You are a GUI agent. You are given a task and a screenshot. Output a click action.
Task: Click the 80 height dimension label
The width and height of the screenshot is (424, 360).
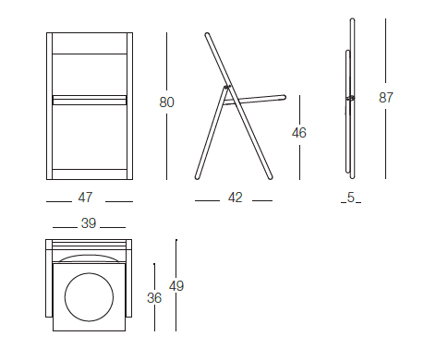tap(166, 102)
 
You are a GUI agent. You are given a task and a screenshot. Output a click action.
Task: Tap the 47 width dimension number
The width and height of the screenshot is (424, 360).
tap(85, 198)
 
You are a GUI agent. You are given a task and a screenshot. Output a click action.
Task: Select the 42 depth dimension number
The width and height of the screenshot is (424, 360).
tap(236, 198)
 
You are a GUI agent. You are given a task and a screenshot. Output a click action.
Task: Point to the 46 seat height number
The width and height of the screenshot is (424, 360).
tap(299, 133)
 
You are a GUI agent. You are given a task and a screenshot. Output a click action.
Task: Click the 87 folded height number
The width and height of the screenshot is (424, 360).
tap(386, 98)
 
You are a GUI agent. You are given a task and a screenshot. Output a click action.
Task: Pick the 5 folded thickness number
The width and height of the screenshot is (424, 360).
tap(351, 198)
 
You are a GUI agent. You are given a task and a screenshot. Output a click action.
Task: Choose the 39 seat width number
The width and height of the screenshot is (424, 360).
tap(89, 223)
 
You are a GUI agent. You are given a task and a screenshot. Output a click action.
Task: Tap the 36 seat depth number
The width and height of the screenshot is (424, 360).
tap(154, 298)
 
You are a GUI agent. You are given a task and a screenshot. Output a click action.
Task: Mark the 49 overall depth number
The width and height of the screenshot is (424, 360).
tap(176, 286)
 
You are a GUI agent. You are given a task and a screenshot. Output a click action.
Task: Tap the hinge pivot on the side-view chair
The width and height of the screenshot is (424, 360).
tap(227, 88)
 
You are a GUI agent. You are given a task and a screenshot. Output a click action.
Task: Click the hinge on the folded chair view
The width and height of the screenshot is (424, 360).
tap(350, 98)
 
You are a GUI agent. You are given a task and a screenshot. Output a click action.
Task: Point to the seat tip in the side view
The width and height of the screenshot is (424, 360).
tap(285, 97)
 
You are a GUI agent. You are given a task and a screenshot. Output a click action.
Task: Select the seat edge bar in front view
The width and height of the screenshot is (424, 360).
tap(90, 101)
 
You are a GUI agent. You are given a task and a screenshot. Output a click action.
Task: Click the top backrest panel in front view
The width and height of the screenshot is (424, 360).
tap(90, 43)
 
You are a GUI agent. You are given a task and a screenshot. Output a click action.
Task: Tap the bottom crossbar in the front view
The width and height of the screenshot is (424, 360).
tap(90, 174)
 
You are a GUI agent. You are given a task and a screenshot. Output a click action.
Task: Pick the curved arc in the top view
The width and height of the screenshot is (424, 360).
tap(89, 256)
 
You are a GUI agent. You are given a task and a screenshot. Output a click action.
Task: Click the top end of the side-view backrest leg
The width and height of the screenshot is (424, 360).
tap(207, 34)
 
